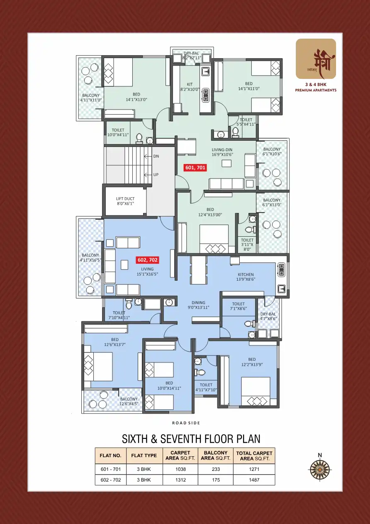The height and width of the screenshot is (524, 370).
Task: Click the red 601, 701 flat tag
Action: tap(195, 168)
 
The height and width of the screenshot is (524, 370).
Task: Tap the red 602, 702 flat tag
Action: tap(147, 260)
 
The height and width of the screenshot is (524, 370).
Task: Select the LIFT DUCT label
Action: tap(125, 201)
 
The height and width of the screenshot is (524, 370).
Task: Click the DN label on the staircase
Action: tap(156, 157)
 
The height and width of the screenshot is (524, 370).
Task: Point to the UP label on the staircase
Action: tap(156, 175)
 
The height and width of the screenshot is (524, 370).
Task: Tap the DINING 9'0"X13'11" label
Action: tap(198, 305)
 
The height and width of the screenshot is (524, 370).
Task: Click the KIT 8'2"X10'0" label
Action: tap(190, 86)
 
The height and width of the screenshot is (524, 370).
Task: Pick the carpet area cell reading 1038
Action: tap(180, 469)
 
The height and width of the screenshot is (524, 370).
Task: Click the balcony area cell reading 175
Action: tap(216, 480)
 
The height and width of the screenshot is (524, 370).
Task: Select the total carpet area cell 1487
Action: tap(254, 480)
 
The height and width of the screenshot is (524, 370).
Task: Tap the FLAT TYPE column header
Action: tap(144, 455)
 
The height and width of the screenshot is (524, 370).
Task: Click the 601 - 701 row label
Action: tap(110, 469)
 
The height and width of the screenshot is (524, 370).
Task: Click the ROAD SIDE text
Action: tap(186, 423)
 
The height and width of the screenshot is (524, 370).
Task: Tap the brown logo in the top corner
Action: tap(316, 59)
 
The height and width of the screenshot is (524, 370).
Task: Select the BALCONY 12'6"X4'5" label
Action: tap(129, 402)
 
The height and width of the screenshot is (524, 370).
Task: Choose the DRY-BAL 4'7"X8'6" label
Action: tap(268, 316)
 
